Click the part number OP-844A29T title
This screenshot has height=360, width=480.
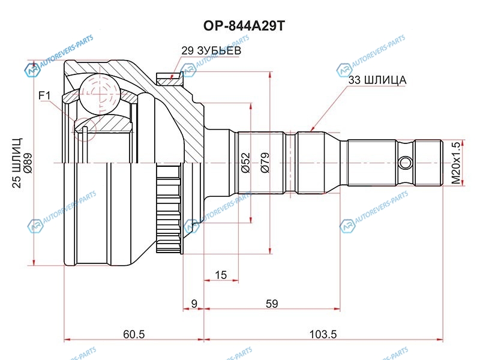point(239,26)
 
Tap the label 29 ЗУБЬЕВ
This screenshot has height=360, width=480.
point(211,51)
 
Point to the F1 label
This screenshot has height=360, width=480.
point(45,95)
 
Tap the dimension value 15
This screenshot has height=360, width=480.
point(220,275)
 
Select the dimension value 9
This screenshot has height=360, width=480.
point(193,304)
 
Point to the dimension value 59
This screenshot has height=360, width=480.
point(272,304)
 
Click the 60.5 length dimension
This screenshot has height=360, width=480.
point(133,334)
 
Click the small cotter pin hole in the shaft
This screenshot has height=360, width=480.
point(406,162)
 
